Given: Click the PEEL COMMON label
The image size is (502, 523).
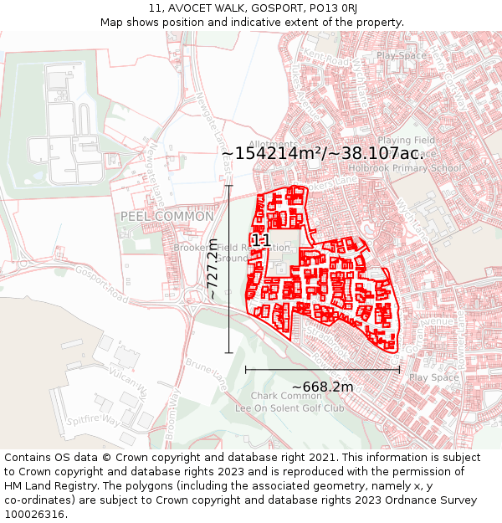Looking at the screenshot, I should click(156, 216).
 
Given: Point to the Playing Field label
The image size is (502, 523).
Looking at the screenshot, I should click(406, 141).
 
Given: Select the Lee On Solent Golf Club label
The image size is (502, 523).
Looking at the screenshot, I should click(289, 408).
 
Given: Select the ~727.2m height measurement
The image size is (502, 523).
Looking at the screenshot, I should click(213, 269).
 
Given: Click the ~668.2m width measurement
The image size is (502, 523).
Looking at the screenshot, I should click(322, 387).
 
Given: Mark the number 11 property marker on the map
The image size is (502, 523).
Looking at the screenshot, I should click(260, 240).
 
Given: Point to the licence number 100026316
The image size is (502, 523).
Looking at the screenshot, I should click(35, 514).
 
